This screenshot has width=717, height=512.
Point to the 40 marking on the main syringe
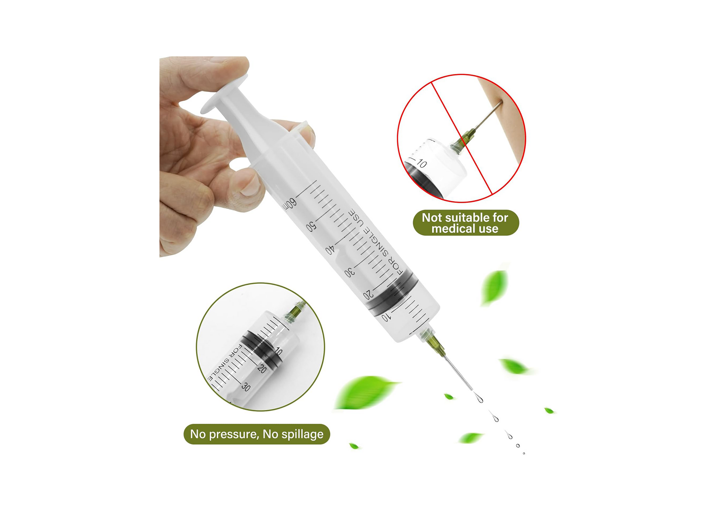click(330, 250)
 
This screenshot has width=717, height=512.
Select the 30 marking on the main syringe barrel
click(350, 273)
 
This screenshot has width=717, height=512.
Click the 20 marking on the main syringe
click(368, 295)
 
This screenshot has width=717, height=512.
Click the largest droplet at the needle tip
click(479, 398)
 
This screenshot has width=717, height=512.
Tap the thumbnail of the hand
click(251, 184)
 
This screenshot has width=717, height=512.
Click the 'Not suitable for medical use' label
click(466, 223)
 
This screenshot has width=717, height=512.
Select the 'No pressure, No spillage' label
click(257, 434)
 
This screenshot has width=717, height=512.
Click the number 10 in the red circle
click(422, 164)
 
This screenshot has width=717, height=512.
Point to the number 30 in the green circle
click(246, 387)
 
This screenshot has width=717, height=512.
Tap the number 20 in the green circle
click(262, 368)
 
